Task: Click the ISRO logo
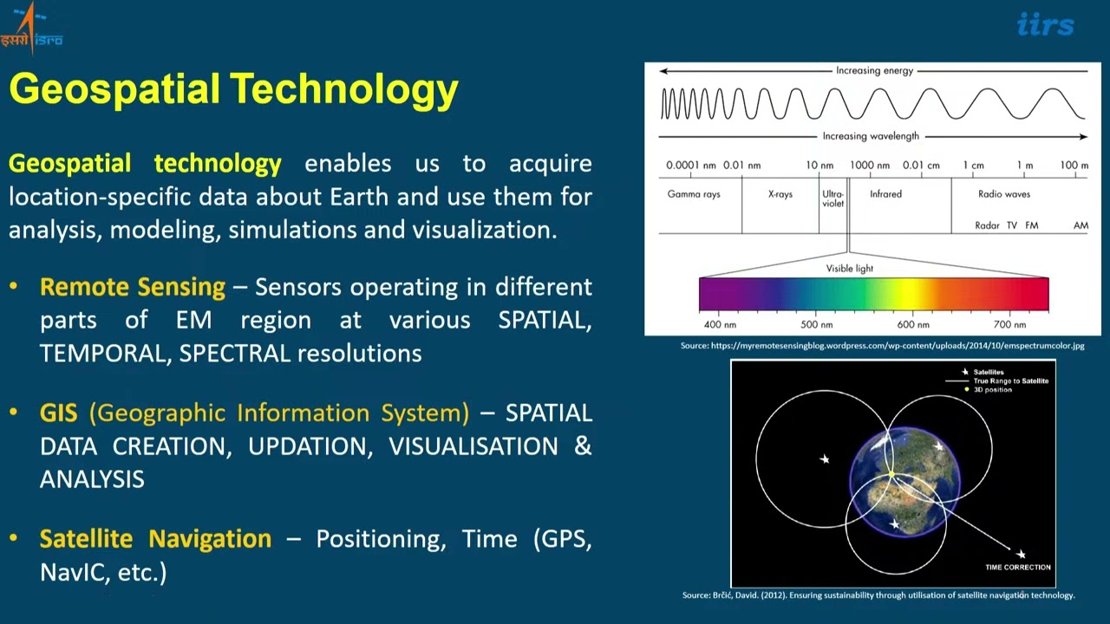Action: (31, 29)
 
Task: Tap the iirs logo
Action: (1046, 25)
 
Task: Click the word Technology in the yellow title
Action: (344, 90)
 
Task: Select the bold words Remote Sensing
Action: (133, 287)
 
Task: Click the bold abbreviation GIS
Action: (58, 413)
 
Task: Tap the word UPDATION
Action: (310, 446)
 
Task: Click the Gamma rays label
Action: (693, 194)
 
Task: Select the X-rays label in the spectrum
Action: (780, 194)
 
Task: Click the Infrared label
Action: (885, 194)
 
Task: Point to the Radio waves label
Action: (1004, 194)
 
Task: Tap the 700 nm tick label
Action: (1009, 325)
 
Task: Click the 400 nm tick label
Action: (720, 325)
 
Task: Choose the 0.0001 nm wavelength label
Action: (691, 166)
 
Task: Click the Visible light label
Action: (849, 269)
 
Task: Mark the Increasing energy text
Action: (875, 71)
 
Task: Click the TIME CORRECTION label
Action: (1018, 568)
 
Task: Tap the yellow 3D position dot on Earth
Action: (891, 474)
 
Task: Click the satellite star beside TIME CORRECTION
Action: (1021, 554)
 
